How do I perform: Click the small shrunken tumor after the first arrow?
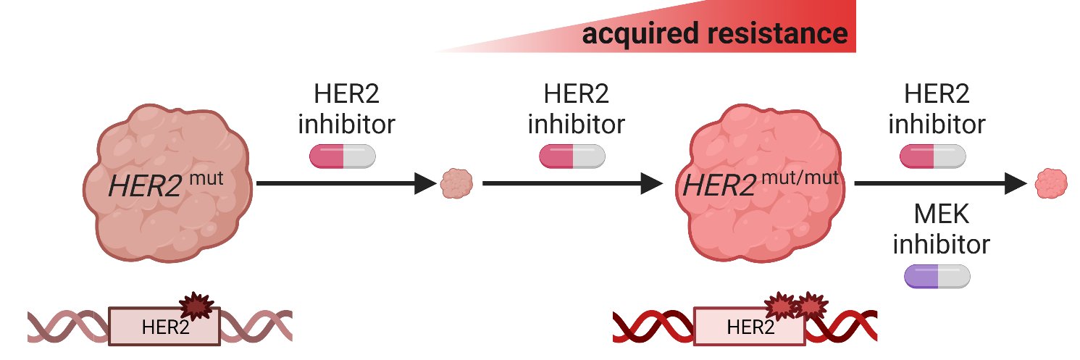pos(456,184)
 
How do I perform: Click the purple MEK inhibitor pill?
pos(937,276)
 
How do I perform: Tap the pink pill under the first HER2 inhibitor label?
pos(343,156)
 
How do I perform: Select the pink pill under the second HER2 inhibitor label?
pos(572,156)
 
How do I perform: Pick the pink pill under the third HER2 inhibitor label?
pos(932,156)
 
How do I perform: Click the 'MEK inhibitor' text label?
pos(940,230)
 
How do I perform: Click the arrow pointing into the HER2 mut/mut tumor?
pos(572,184)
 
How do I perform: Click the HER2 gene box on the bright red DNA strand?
pos(749,327)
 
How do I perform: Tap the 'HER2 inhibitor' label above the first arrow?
pos(346,109)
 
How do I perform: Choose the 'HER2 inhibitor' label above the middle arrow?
pos(575,109)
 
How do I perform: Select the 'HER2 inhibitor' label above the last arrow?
pos(937,109)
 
